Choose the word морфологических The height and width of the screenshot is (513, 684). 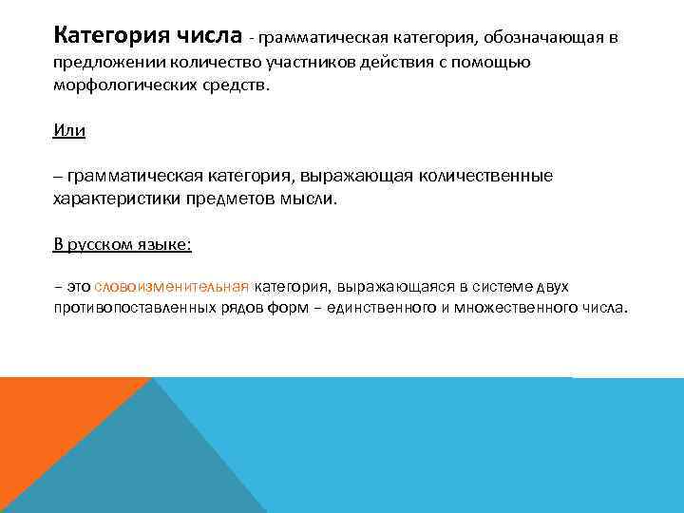(x=125, y=85)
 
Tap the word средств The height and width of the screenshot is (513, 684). (x=241, y=85)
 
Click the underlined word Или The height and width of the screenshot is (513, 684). (x=69, y=130)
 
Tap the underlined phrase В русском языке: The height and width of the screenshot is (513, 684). (x=123, y=244)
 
